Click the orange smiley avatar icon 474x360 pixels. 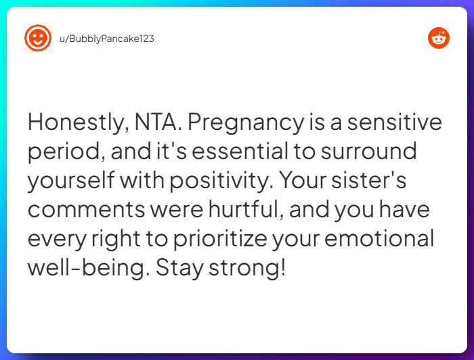(x=38, y=38)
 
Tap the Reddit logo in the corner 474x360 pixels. (x=439, y=38)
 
